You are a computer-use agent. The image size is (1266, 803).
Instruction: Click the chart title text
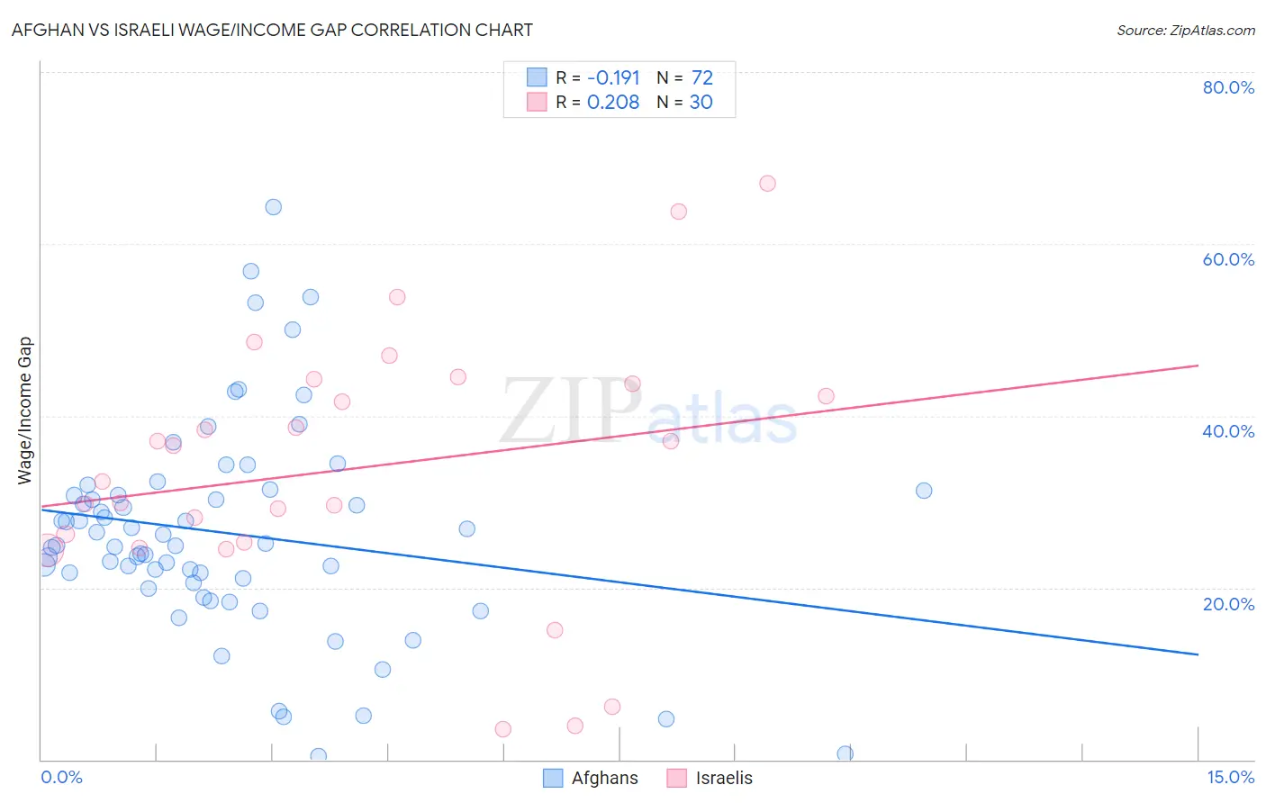click(272, 30)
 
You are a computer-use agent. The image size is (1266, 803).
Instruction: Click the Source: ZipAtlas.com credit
click(1185, 31)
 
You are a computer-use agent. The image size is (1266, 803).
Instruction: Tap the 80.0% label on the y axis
click(1228, 87)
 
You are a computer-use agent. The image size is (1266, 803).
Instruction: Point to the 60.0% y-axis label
click(1228, 259)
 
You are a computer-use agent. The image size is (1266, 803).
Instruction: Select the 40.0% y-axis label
click(1228, 431)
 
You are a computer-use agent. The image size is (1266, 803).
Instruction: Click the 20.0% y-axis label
click(1228, 604)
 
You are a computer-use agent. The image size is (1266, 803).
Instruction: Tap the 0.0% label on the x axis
click(61, 777)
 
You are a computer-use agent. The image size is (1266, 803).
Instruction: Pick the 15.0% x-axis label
click(1230, 777)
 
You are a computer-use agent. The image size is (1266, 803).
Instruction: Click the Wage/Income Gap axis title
click(25, 411)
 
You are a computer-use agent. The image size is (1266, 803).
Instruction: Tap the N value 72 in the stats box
click(702, 78)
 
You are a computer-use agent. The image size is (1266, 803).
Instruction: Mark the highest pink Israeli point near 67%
click(767, 184)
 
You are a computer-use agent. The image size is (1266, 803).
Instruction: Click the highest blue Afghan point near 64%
click(273, 207)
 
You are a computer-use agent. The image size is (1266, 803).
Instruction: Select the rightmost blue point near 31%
click(924, 491)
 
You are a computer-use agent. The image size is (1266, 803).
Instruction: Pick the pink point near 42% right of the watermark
click(826, 396)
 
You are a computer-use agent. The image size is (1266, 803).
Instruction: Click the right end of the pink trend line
click(1198, 365)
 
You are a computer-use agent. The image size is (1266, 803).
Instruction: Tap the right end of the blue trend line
click(1198, 654)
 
